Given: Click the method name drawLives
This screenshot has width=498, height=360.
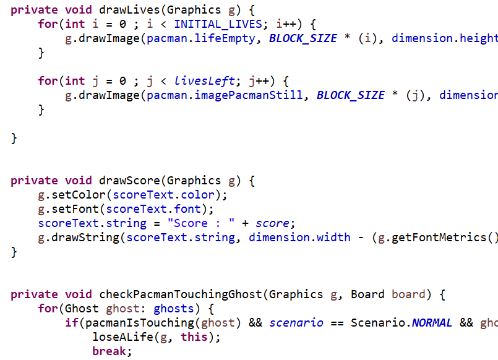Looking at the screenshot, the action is click(129, 10).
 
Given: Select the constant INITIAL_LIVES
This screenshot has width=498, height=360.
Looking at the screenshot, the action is click(218, 24).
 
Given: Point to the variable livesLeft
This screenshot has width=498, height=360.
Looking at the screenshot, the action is click(205, 81).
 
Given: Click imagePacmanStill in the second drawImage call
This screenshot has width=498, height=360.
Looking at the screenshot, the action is click(249, 95).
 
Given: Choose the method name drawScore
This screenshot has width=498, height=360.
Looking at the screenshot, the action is click(129, 181).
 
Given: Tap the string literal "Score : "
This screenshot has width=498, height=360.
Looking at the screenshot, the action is click(201, 223).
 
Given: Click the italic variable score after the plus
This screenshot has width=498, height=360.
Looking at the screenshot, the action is click(272, 223).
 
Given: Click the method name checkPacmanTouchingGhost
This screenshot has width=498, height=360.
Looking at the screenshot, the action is click(181, 294).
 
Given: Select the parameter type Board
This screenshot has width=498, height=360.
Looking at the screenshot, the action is click(367, 294).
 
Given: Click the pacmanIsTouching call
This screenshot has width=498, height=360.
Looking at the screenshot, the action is click(140, 323).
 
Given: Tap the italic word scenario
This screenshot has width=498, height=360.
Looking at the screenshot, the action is click(296, 323).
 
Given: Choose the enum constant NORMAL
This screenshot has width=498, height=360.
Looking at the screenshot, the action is click(432, 323).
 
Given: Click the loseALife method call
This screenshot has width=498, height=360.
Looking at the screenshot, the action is click(123, 337).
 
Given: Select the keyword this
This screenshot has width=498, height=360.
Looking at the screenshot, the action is click(194, 337).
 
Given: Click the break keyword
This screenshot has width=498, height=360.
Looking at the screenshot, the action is click(109, 351).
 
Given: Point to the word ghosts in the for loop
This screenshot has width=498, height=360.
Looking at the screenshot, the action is click(174, 309).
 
